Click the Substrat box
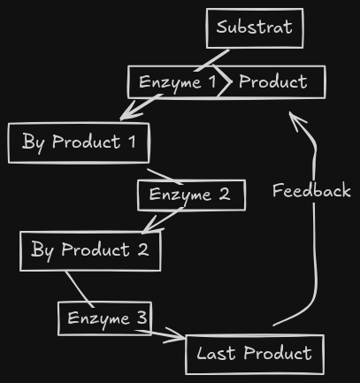(x=255, y=28)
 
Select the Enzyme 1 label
(x=177, y=83)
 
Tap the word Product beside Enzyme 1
(x=273, y=82)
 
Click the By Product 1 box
(x=79, y=143)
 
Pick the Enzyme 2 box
(x=190, y=195)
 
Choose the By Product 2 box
(x=90, y=250)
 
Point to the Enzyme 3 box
(x=104, y=318)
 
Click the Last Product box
(x=254, y=355)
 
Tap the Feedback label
(x=311, y=191)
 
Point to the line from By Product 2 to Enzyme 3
(x=78, y=287)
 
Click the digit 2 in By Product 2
(x=142, y=250)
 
